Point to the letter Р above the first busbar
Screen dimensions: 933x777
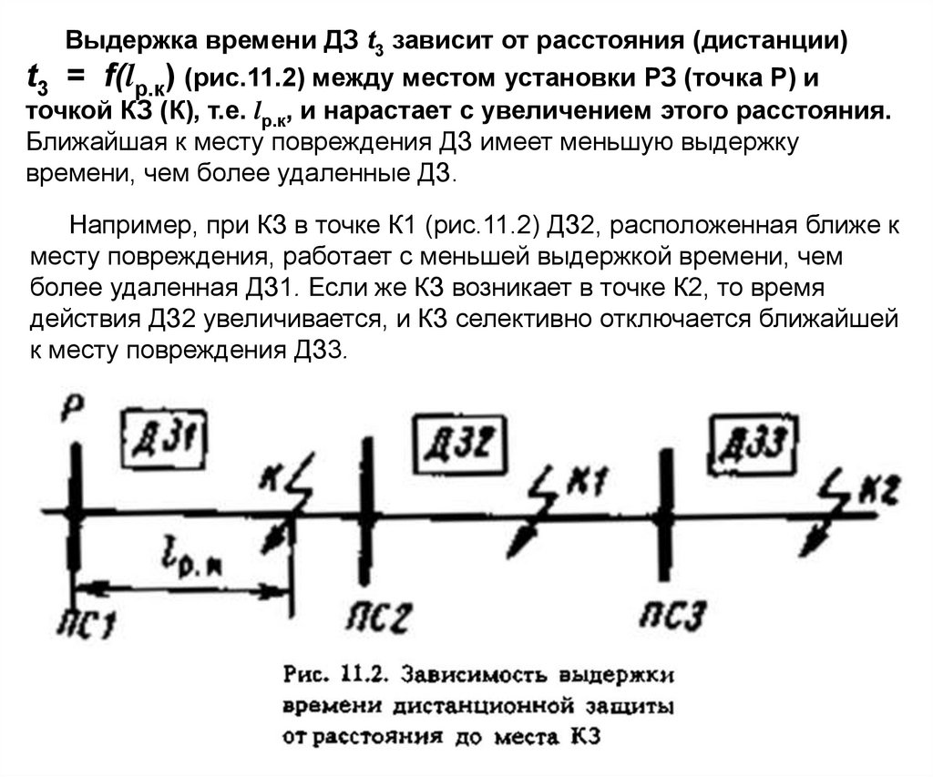pyautogui.click(x=74, y=409)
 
